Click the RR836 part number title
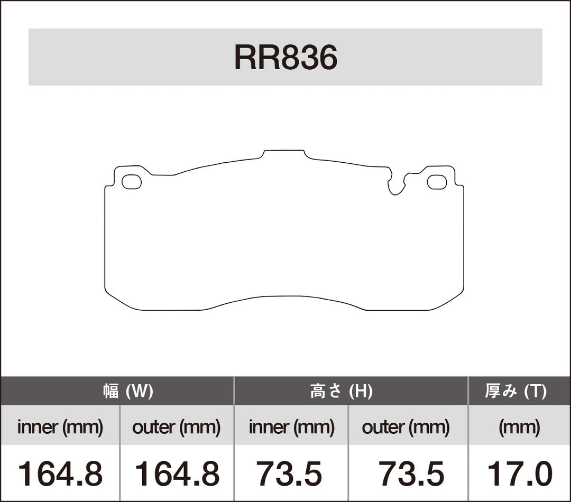click(x=285, y=58)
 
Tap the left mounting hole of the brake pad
click(x=131, y=182)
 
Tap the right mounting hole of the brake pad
click(x=437, y=182)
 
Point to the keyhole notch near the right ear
click(x=395, y=185)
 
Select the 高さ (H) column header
click(x=341, y=392)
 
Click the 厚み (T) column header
click(x=515, y=392)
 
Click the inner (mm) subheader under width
click(x=60, y=427)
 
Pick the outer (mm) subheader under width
click(x=176, y=427)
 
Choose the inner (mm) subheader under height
click(x=291, y=427)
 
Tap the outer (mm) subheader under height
click(x=406, y=427)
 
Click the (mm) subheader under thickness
click(x=519, y=427)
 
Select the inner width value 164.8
click(x=60, y=473)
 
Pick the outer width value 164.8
click(x=177, y=473)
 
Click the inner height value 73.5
click(x=289, y=473)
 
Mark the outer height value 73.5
click(x=411, y=473)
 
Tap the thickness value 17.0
click(x=519, y=473)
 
